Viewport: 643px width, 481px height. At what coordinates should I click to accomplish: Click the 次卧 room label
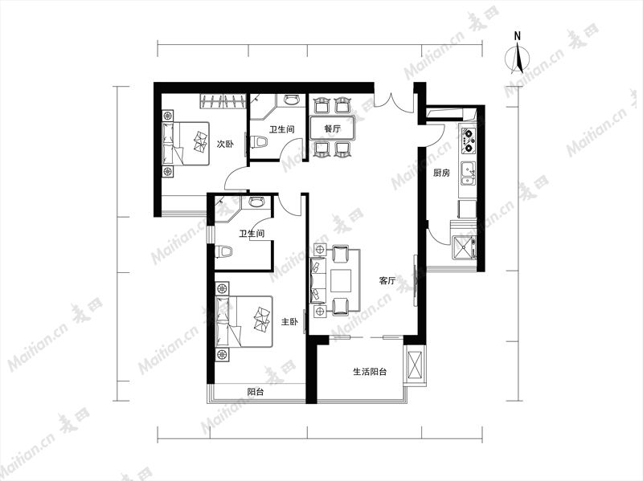(x=225, y=145)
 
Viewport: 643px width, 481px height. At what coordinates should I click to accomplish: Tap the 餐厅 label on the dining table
(x=333, y=128)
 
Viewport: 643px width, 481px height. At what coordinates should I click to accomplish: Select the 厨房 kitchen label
(x=441, y=173)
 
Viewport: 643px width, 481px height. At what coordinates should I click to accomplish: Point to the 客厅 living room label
(x=387, y=281)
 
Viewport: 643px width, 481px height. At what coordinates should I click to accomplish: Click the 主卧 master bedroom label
(x=289, y=322)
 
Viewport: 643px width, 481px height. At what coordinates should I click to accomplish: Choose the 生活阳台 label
(x=370, y=372)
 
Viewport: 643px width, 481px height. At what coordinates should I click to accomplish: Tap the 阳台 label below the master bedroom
(x=256, y=392)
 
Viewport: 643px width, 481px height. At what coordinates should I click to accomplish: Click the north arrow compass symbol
(x=518, y=59)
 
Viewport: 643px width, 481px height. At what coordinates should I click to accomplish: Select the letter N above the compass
(x=518, y=36)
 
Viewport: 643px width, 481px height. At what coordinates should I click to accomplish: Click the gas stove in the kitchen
(x=469, y=140)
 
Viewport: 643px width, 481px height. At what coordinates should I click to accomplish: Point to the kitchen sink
(x=468, y=173)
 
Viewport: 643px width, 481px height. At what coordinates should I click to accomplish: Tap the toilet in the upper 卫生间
(x=259, y=142)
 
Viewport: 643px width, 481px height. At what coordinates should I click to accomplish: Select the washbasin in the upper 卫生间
(x=292, y=100)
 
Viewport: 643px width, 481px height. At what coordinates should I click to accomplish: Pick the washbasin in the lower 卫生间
(x=257, y=202)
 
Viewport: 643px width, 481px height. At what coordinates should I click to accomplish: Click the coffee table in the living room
(x=341, y=281)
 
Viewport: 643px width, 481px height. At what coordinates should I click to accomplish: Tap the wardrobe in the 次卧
(x=223, y=102)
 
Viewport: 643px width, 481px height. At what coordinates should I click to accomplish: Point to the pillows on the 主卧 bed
(x=262, y=319)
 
